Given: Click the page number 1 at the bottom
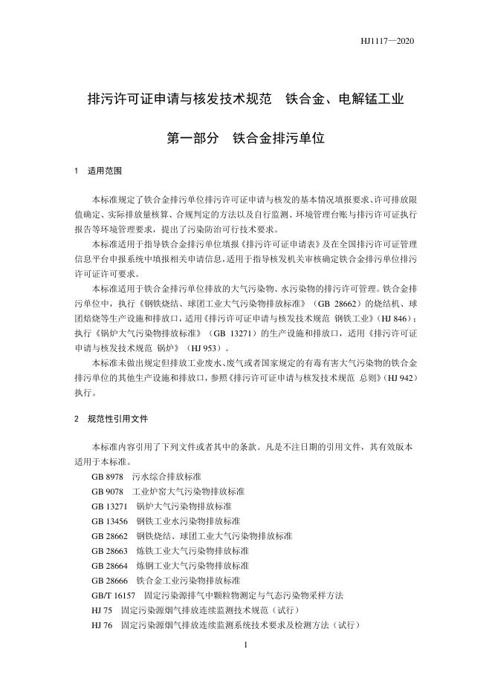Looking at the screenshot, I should (x=245, y=645).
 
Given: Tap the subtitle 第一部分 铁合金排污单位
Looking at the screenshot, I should (x=246, y=137).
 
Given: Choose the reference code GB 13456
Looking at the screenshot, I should (x=110, y=521).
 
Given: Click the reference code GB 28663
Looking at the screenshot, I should (x=110, y=551).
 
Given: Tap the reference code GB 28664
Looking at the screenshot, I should (x=110, y=566).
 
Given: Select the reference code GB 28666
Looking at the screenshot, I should (x=110, y=581).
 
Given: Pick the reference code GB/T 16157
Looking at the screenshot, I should (x=114, y=596).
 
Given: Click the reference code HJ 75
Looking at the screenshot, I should (x=102, y=610).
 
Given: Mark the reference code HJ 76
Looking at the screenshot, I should (x=102, y=625).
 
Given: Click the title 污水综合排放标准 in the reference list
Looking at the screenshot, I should (x=166, y=475).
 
